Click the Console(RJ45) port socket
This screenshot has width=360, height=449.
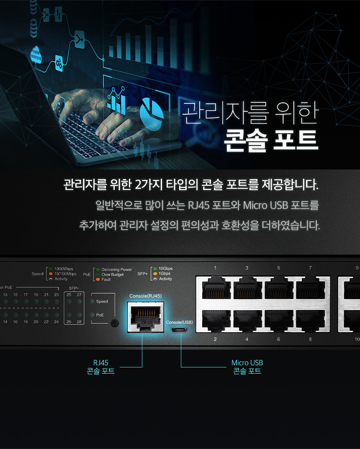pos(146,317)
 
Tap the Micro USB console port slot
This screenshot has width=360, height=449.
pos(180,330)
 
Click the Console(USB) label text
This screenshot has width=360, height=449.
pos(180,322)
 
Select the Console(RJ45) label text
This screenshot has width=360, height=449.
pos(146,296)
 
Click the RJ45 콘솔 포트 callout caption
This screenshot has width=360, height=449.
pos(100,367)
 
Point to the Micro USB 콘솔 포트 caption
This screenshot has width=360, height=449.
pos(247,367)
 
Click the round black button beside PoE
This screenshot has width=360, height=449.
pos(115,323)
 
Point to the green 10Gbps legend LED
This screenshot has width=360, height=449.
pos(155,269)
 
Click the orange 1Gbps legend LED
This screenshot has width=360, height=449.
pos(155,274)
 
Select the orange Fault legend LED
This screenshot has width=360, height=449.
pos(98,280)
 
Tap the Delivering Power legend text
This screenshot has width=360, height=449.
pos(117,269)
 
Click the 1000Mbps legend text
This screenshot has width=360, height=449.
pos(64,269)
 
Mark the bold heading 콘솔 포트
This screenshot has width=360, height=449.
pos(271,140)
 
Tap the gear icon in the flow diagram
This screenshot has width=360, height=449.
pos(59,63)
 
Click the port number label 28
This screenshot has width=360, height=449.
pos(79,321)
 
